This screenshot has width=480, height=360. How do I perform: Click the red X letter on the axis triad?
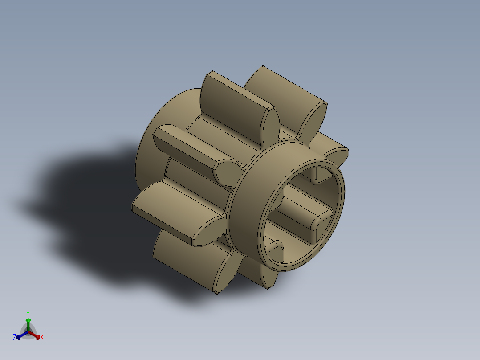(x=42, y=338)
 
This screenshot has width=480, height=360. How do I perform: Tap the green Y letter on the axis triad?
(x=28, y=313)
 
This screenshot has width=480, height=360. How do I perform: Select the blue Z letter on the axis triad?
(x=15, y=337)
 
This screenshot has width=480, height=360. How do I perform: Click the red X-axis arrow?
(x=37, y=335)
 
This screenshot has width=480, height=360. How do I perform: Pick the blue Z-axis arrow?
(x=20, y=336)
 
